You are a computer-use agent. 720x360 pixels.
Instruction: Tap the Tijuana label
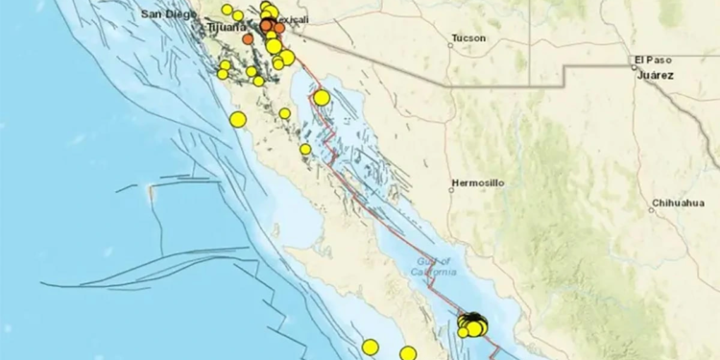[x=226, y=29]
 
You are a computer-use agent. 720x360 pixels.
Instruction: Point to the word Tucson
[x=467, y=39]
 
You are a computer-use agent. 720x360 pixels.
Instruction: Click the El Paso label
[x=652, y=60]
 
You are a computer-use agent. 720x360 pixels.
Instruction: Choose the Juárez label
[x=657, y=74]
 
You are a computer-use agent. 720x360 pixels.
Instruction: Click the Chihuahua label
[x=678, y=203]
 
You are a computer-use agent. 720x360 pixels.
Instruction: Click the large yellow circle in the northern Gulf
[x=322, y=97]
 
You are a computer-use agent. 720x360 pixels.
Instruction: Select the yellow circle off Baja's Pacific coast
[x=238, y=119]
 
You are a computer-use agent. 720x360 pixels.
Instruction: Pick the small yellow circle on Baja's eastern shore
[x=305, y=149]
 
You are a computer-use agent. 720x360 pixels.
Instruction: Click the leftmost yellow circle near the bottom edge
[x=371, y=347]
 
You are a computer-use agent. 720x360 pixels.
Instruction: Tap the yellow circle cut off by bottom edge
[x=408, y=353]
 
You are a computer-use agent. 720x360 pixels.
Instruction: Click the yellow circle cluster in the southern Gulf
[x=472, y=324]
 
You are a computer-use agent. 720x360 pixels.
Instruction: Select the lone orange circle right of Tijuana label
[x=248, y=39]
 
